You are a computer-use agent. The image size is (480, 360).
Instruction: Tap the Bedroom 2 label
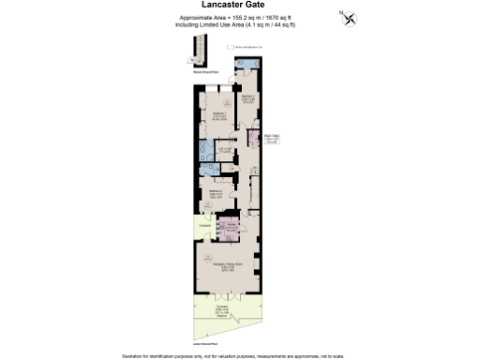[215, 194]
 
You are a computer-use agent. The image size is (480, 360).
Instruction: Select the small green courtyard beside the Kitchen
[205, 228]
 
